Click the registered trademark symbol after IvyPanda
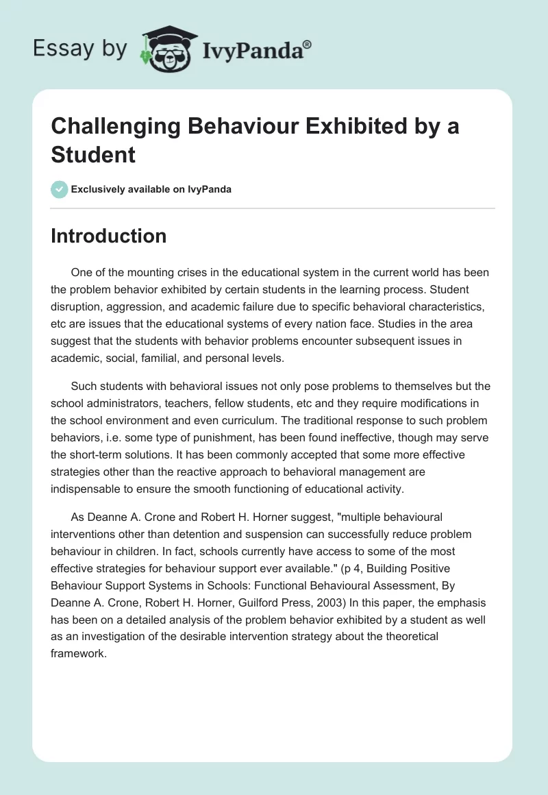(308, 45)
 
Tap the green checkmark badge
(60, 189)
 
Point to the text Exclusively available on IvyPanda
(151, 189)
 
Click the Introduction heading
(109, 236)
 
